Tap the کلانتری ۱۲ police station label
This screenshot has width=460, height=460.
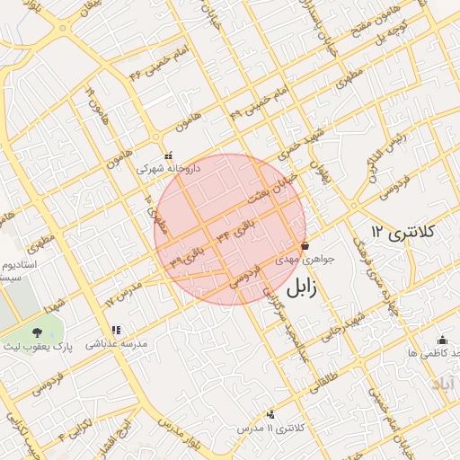404,232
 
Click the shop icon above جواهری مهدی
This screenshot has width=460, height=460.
305,245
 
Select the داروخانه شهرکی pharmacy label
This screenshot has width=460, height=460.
168,168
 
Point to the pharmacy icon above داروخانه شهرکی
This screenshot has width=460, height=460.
168,155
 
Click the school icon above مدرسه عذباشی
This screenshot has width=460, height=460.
115,330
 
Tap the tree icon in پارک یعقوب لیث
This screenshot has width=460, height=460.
37,334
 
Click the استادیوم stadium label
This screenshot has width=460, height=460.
20,267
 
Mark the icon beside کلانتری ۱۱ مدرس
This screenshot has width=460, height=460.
270,414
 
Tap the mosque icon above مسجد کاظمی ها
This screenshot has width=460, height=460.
441,340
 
